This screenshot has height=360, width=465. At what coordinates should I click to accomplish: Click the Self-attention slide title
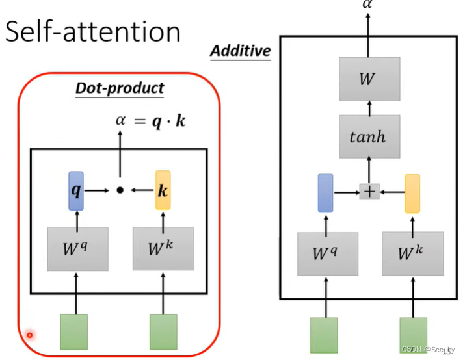tap(92, 32)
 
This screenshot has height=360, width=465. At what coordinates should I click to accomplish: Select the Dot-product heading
tap(120, 88)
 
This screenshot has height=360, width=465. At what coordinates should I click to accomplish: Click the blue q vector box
tap(76, 190)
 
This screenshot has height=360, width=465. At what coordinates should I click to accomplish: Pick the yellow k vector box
tap(163, 190)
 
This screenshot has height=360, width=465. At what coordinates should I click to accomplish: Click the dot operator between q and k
tap(120, 190)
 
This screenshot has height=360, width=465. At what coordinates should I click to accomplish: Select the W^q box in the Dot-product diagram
tap(76, 248)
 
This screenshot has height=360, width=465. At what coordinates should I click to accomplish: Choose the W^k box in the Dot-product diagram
tap(163, 248)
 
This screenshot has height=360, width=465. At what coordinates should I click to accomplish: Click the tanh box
tap(368, 137)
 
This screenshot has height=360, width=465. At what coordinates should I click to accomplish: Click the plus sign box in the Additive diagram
tap(369, 192)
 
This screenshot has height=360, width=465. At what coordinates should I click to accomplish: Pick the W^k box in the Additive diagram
tap(412, 252)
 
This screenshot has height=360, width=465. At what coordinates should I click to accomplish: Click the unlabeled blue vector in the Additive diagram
tap(325, 193)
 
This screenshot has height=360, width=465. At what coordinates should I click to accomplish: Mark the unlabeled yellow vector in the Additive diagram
tap(412, 193)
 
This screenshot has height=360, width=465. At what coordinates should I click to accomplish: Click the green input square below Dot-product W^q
tap(73, 331)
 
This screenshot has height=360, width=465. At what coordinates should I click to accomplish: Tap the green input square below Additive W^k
tap(413, 335)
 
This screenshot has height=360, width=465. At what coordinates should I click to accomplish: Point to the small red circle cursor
tap(29, 335)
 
